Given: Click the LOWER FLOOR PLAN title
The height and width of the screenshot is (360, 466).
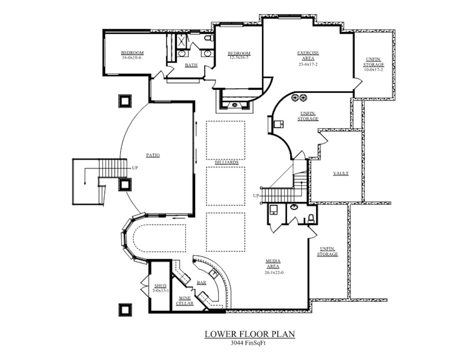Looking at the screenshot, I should (250, 334).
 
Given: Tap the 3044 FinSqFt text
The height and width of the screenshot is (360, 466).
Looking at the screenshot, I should (250, 343).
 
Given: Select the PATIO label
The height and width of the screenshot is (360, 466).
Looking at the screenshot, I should (153, 155).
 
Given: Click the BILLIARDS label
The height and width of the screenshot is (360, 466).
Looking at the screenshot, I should (227, 162).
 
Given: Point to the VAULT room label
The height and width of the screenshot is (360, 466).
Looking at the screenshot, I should (341, 174).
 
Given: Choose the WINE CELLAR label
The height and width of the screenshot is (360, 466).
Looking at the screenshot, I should (185, 301).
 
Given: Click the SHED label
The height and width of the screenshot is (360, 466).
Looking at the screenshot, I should (160, 286).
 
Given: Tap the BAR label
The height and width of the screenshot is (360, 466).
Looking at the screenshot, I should (202, 283).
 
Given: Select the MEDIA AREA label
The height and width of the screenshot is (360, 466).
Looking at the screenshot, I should (273, 264).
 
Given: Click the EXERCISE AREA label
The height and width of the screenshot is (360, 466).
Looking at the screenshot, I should (308, 55).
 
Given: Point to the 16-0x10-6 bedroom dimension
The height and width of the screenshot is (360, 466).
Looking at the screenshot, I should (132, 57).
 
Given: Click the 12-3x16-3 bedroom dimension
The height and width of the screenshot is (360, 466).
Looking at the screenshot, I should (239, 57).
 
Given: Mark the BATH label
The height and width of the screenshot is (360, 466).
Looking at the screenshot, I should (191, 65).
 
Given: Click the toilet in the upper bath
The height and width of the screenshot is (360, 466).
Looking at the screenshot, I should (209, 38).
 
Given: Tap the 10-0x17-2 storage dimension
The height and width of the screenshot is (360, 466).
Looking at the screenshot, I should (374, 70).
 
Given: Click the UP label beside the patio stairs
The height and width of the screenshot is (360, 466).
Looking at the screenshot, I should (135, 168).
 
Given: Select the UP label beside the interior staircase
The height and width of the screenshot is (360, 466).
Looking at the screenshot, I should (256, 196).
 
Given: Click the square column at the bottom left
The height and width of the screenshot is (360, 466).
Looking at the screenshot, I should (125, 310).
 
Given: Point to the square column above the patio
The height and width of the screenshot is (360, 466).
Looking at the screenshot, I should (125, 101).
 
